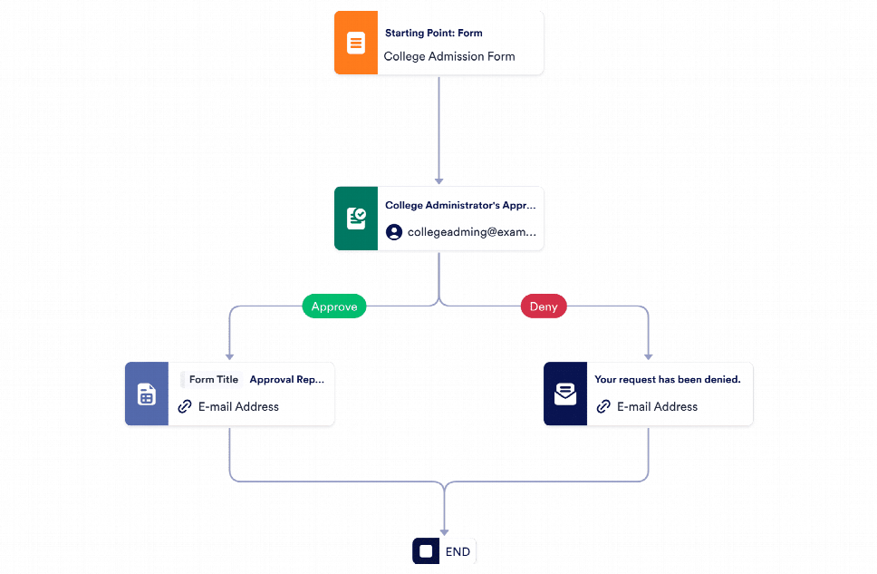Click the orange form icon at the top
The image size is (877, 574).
(355, 43)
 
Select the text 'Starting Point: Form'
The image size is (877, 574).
(433, 34)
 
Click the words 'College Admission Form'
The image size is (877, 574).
(448, 56)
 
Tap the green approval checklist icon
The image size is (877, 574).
(356, 219)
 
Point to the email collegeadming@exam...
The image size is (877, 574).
(471, 232)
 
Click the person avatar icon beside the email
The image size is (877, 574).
(394, 232)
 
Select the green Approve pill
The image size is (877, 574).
(334, 306)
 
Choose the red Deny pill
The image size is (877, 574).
(544, 306)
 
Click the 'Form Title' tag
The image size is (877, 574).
(213, 380)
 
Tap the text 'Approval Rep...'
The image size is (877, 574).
(286, 380)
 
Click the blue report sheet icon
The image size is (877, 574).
(146, 394)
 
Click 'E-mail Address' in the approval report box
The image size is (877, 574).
(238, 406)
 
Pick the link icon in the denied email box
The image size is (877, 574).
(603, 406)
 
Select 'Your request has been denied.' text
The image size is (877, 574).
(667, 380)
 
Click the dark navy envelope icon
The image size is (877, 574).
(564, 394)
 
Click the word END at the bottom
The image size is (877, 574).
(458, 551)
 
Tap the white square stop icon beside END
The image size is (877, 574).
(426, 551)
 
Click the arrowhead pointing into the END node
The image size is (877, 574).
(445, 531)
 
